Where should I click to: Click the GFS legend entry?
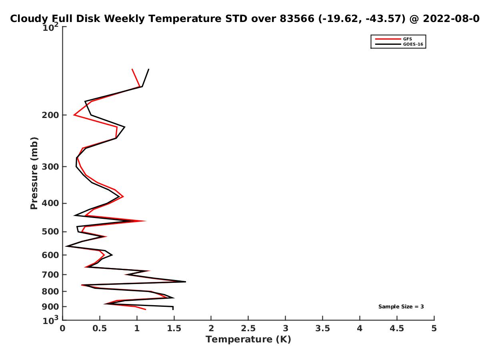pyautogui.click(x=393, y=39)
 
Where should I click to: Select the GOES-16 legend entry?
pyautogui.click(x=399, y=44)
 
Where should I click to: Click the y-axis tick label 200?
pyautogui.click(x=50, y=115)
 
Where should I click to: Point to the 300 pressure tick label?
pyautogui.click(x=50, y=166)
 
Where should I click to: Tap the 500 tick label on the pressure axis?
pyautogui.click(x=50, y=232)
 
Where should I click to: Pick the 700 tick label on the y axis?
pyautogui.click(x=50, y=274)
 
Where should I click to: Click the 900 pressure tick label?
pyautogui.click(x=50, y=307)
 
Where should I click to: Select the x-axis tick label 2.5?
pyautogui.click(x=248, y=328)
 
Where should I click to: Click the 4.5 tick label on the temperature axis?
pyautogui.click(x=397, y=328)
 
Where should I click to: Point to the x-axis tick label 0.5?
pyautogui.click(x=100, y=328)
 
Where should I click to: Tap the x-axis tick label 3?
pyautogui.click(x=285, y=328)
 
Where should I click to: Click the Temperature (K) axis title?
pyautogui.click(x=248, y=340)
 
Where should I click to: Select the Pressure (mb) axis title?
pyautogui.click(x=34, y=173)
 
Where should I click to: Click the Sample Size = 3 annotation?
pyautogui.click(x=401, y=307)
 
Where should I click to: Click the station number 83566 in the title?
pyautogui.click(x=297, y=19)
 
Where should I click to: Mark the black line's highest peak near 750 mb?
pyautogui.click(x=186, y=282)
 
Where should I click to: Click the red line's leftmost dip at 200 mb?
pyautogui.click(x=74, y=115)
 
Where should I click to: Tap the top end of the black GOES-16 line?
pyautogui.click(x=149, y=69)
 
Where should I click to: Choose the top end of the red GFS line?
pyautogui.click(x=132, y=69)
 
